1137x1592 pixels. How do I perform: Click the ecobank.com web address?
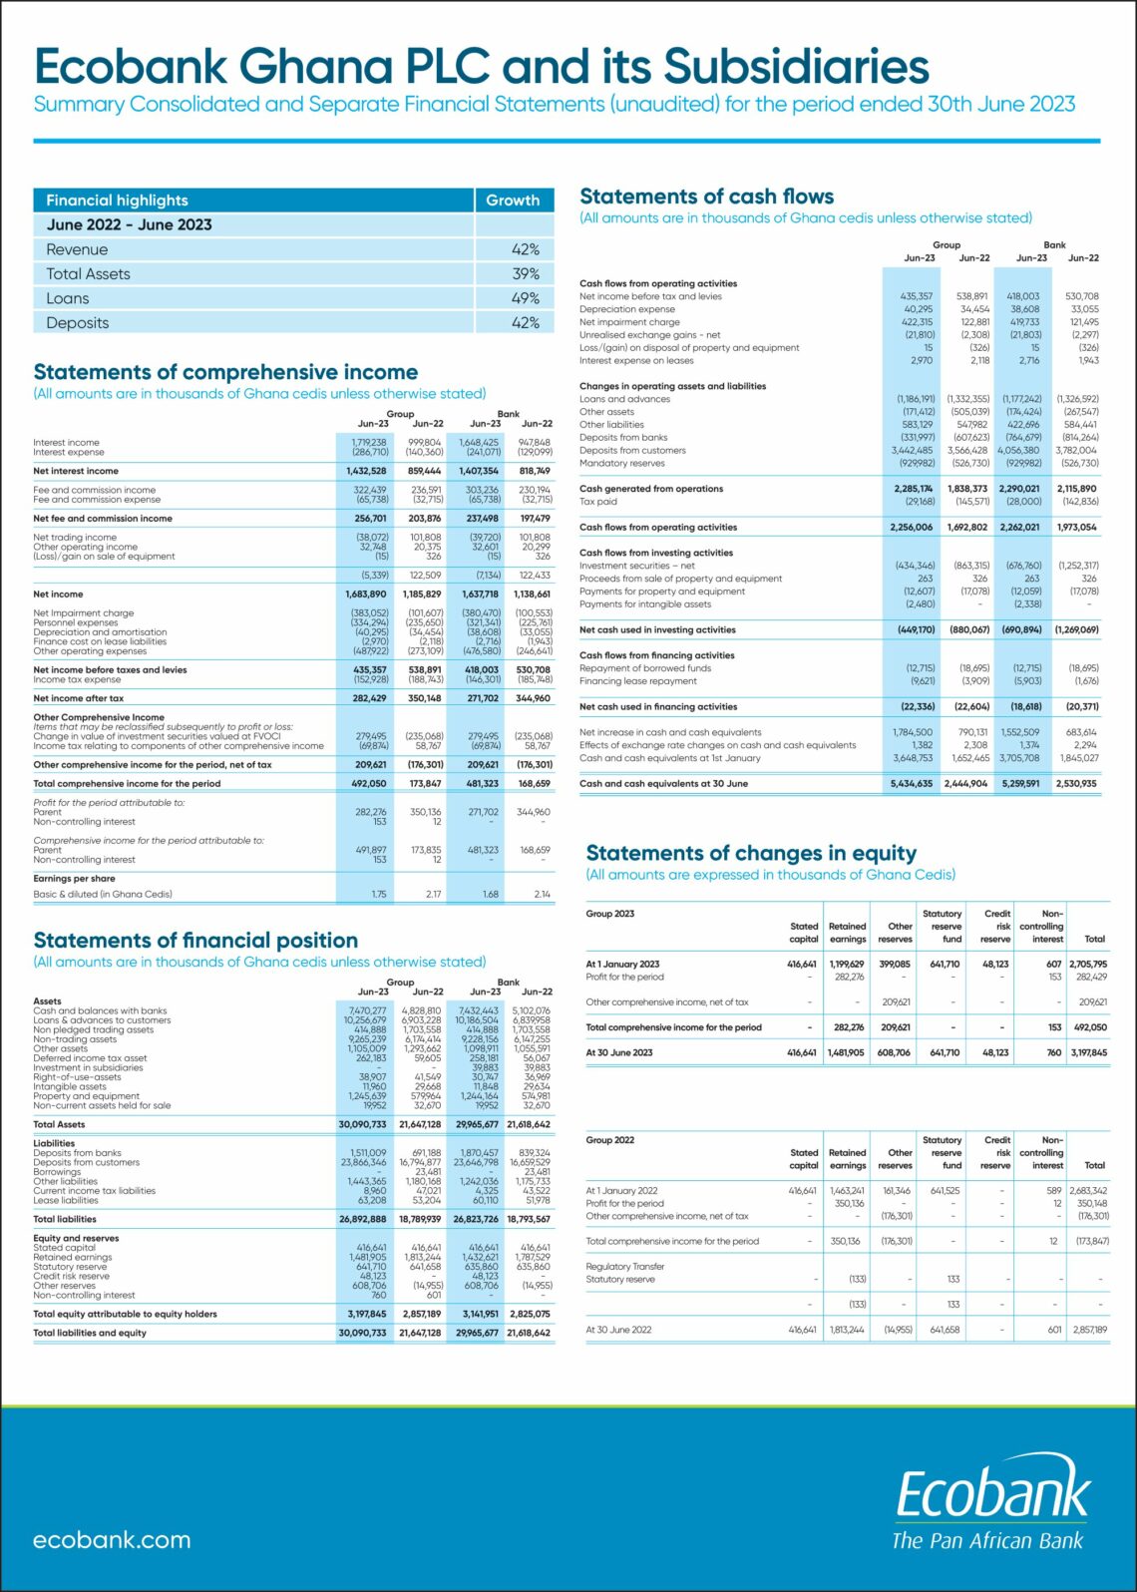[x=112, y=1539]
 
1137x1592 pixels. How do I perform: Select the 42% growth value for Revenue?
[x=525, y=249]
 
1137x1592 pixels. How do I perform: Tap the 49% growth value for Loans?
[x=525, y=298]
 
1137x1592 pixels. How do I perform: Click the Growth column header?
[x=513, y=200]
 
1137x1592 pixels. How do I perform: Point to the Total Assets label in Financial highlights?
[x=88, y=274]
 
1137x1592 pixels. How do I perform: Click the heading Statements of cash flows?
[x=706, y=197]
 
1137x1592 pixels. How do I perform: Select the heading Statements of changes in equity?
[x=751, y=853]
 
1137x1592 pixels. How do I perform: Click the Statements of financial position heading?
[x=195, y=940]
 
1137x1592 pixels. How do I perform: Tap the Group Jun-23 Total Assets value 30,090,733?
[x=362, y=1124]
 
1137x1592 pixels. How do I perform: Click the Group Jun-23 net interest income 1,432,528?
[x=366, y=471]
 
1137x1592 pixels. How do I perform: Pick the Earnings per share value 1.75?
[x=378, y=894]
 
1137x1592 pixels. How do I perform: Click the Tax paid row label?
[x=598, y=502]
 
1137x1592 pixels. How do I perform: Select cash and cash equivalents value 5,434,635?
[x=912, y=783]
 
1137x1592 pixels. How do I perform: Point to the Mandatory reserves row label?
[x=621, y=463]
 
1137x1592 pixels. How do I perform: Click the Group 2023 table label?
[x=609, y=914]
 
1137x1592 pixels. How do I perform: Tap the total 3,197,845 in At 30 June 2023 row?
[x=1088, y=1052]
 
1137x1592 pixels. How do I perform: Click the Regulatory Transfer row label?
[x=624, y=1266]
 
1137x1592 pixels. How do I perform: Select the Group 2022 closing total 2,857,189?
[x=1089, y=1330]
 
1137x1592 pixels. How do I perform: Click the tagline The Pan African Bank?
[x=986, y=1540]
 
